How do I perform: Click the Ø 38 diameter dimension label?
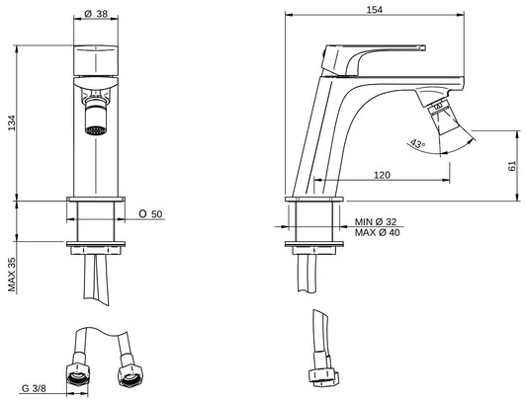96,14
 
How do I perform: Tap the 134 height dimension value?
12,122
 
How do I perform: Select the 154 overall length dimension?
374,10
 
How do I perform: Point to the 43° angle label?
417,144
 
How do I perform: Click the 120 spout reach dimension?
382,175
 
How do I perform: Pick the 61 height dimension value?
511,166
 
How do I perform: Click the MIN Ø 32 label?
376,221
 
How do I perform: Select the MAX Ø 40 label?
377,232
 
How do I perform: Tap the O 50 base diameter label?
150,213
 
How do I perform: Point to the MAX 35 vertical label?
12,275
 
